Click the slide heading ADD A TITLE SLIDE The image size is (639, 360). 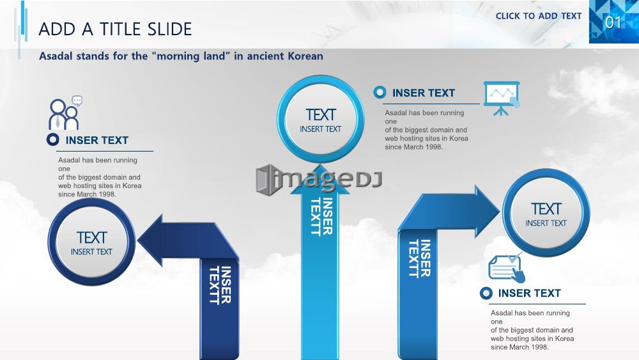115,29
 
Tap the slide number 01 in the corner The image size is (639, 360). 613,22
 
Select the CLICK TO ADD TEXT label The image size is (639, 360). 538,16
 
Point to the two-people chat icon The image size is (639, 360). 65,113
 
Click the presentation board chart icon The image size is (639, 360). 502,98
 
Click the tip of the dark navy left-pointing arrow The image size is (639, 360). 138,240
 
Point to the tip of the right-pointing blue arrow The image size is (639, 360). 500,211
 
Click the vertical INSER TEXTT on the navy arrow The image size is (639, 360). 220,285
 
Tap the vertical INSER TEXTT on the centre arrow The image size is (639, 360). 322,217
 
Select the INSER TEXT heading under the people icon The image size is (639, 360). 97,140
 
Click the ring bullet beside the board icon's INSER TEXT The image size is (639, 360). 380,93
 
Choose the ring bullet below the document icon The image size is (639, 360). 486,293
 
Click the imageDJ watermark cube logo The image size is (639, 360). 268,180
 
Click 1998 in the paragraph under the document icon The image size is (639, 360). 539,347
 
